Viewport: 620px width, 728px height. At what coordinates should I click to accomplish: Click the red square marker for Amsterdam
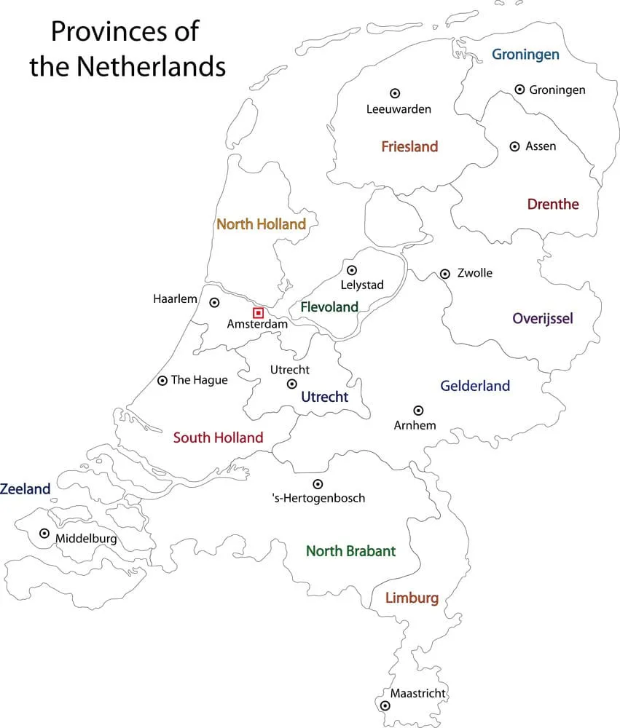258,312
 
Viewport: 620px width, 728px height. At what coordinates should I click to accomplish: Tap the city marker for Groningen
519,89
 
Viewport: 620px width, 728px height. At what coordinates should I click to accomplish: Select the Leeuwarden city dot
395,93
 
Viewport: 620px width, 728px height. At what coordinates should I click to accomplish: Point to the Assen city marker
514,146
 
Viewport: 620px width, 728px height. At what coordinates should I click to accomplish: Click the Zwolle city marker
444,274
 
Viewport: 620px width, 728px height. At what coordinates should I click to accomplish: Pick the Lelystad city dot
352,270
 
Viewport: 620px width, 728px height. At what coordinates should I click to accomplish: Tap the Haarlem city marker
214,302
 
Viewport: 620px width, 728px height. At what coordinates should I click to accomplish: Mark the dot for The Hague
162,380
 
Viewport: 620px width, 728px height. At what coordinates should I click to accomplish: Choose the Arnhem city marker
418,411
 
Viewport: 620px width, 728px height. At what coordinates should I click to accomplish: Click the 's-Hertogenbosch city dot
318,484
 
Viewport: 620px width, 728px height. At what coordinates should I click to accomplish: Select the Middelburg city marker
44,534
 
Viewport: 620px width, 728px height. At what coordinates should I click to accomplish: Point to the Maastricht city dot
385,705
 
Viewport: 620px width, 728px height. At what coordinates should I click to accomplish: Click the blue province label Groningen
525,55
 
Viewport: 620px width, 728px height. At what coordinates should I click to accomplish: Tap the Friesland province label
409,147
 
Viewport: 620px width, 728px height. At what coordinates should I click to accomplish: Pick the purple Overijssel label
543,318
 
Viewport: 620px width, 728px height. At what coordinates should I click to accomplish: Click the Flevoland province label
329,307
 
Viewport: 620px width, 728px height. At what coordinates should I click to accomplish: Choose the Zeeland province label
25,489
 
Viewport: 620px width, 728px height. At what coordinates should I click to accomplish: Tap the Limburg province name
412,598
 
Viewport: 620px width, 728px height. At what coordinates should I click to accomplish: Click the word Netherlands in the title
151,67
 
